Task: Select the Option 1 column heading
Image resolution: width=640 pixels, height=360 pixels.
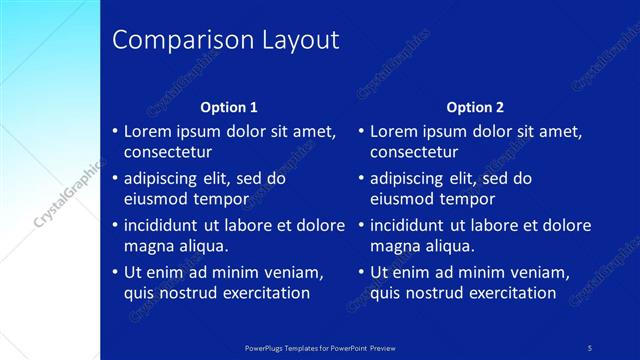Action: [229, 107]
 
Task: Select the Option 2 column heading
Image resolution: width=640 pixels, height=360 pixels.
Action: [475, 107]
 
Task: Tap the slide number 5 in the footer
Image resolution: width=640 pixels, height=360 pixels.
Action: [590, 347]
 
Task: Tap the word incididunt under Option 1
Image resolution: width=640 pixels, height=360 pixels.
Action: [167, 225]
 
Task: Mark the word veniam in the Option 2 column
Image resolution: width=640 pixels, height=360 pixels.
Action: [541, 272]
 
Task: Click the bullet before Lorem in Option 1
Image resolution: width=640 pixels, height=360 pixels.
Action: [115, 131]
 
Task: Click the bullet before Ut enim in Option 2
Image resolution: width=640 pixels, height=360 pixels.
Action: [361, 272]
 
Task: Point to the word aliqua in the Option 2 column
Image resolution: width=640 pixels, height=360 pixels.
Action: [452, 246]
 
